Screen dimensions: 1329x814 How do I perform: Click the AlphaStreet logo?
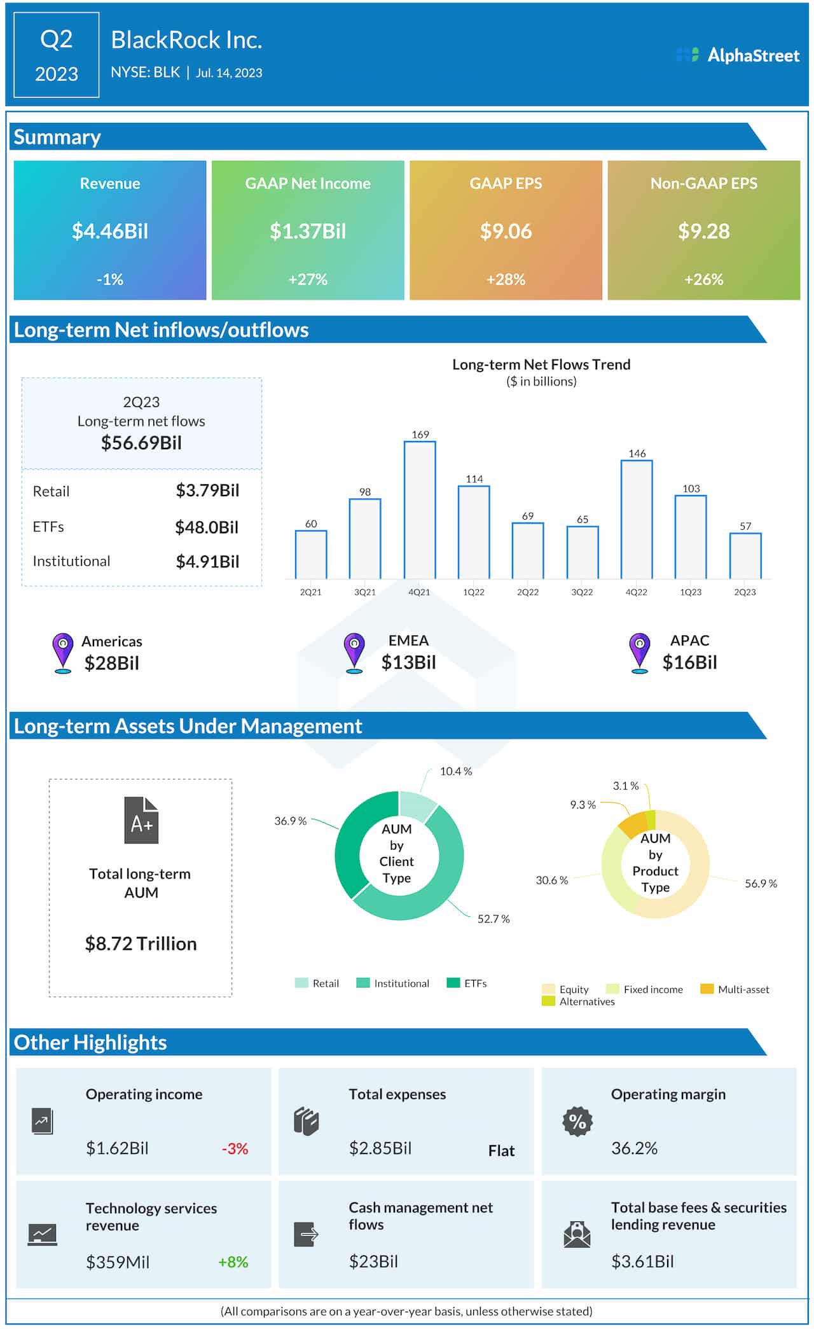tap(738, 55)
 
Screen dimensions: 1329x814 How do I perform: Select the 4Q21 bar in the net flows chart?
tap(420, 509)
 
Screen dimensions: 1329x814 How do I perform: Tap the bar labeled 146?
tap(637, 518)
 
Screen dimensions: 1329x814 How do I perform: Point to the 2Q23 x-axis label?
tap(745, 592)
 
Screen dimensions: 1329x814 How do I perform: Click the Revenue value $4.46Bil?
tap(110, 231)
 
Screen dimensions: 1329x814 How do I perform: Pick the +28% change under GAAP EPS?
tap(506, 279)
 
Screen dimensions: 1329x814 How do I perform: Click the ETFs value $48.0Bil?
tap(207, 527)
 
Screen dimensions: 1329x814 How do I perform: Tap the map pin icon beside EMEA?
tap(354, 652)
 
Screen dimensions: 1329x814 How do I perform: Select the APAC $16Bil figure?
tap(689, 662)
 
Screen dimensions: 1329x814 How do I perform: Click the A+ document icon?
tap(141, 820)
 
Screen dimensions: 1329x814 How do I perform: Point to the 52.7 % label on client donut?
tap(493, 919)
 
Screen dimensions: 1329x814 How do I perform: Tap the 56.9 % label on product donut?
tap(761, 883)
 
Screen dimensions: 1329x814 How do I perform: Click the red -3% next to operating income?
tap(235, 1148)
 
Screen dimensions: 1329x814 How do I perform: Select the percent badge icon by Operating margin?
tap(577, 1121)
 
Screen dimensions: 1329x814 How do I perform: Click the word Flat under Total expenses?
tap(501, 1150)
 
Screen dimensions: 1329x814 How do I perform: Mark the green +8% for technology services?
tap(233, 1262)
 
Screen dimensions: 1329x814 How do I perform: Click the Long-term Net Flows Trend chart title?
tap(541, 365)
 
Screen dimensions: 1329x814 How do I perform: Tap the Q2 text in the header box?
tap(57, 39)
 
